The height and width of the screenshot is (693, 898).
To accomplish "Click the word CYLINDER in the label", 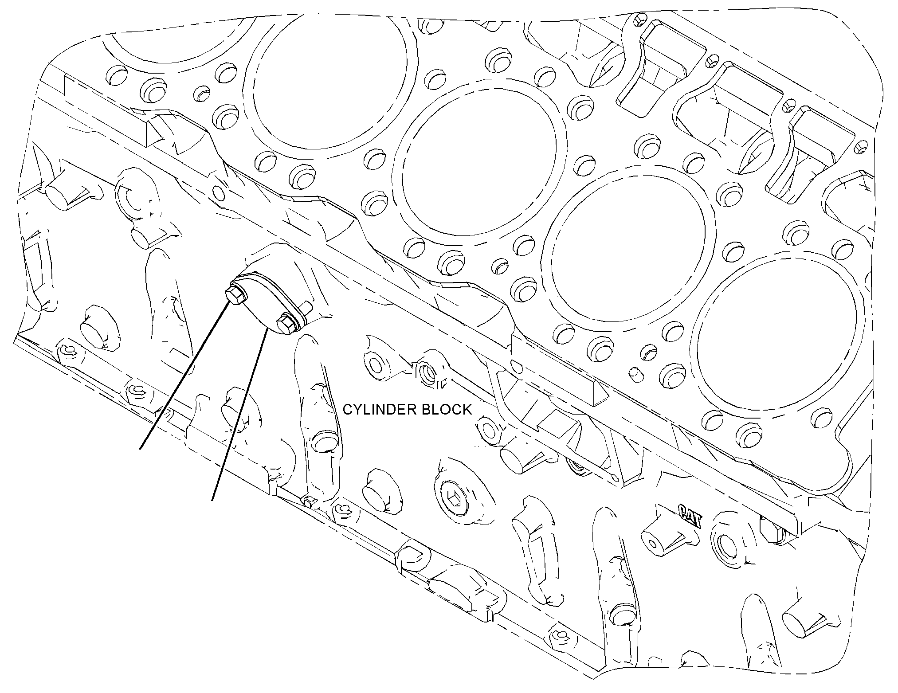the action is (x=380, y=409).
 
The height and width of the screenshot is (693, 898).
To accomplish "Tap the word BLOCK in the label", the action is (x=446, y=409).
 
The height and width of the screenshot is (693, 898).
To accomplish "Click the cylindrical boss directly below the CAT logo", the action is (x=656, y=543).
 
